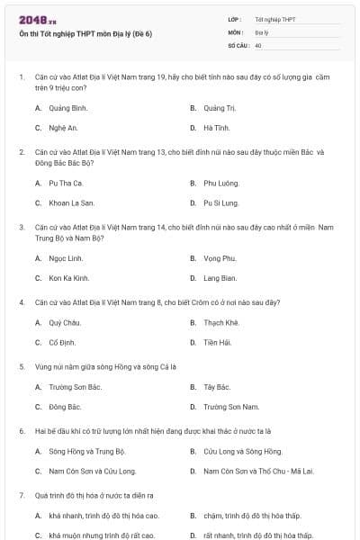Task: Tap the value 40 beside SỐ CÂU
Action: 258,44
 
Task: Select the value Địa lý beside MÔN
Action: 262,31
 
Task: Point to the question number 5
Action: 22,366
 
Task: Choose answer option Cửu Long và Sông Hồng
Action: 236,450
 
